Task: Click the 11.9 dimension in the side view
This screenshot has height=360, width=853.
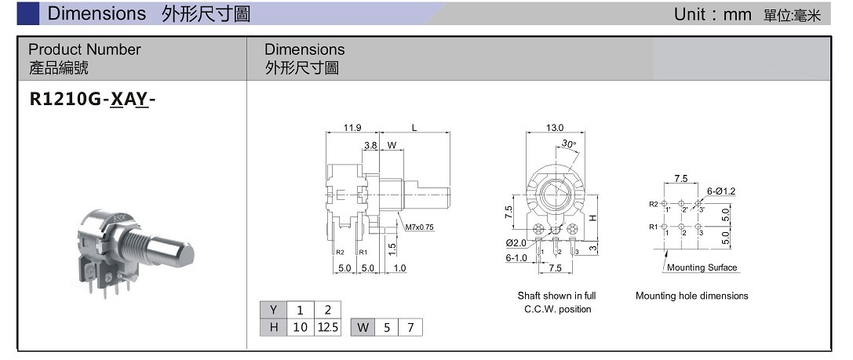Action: point(352,128)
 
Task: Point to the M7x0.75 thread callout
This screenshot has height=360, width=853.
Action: point(419,227)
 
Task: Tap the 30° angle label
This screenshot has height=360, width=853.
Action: point(568,144)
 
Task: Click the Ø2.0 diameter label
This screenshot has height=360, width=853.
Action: point(516,243)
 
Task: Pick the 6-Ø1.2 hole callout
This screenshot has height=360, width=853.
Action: point(720,191)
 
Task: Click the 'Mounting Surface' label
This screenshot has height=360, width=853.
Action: point(702,267)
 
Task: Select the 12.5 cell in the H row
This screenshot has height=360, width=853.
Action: point(328,327)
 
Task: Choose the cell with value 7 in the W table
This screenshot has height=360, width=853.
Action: point(410,327)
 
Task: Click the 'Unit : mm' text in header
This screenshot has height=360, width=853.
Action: point(713,14)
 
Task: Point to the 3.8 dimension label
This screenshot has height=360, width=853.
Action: point(370,145)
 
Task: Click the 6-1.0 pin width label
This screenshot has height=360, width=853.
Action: point(516,256)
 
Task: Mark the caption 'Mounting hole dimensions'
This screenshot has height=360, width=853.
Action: point(691,296)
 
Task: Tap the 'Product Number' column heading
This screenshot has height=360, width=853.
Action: point(84,49)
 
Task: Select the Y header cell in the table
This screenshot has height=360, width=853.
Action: point(273,309)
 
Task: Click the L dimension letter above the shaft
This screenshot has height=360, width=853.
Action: point(414,128)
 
